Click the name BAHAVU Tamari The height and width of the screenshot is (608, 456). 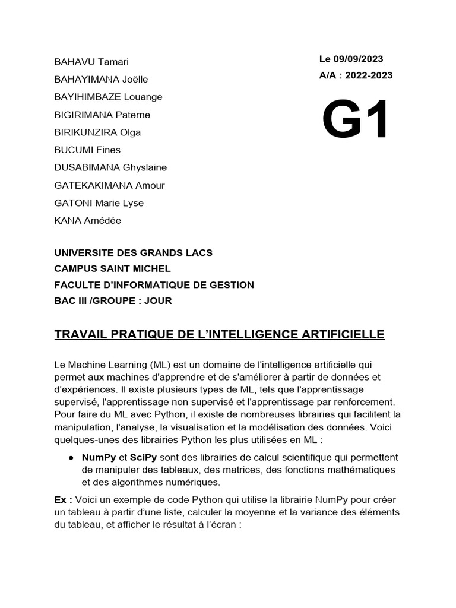(x=91, y=62)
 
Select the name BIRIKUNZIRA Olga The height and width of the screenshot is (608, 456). (x=97, y=132)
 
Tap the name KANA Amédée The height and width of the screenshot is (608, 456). (x=87, y=221)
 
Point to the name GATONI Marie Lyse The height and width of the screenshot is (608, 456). (x=99, y=203)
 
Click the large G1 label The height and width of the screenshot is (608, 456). (x=356, y=121)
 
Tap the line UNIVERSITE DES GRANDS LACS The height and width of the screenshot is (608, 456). (x=133, y=252)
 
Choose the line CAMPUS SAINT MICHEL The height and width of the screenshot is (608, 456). (x=112, y=268)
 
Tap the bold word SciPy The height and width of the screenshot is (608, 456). (x=144, y=458)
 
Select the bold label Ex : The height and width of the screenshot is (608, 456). (x=64, y=500)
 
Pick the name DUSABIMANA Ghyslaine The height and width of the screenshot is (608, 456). (x=110, y=167)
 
